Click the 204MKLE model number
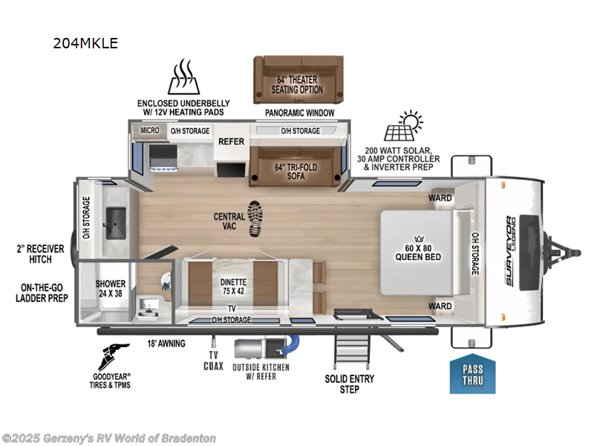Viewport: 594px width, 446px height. (85, 43)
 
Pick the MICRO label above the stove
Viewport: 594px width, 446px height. (151, 131)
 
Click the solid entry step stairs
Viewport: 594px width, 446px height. (352, 350)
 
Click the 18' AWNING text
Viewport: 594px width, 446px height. (166, 343)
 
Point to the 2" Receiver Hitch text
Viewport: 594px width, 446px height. (33, 253)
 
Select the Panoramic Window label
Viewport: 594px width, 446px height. (299, 113)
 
